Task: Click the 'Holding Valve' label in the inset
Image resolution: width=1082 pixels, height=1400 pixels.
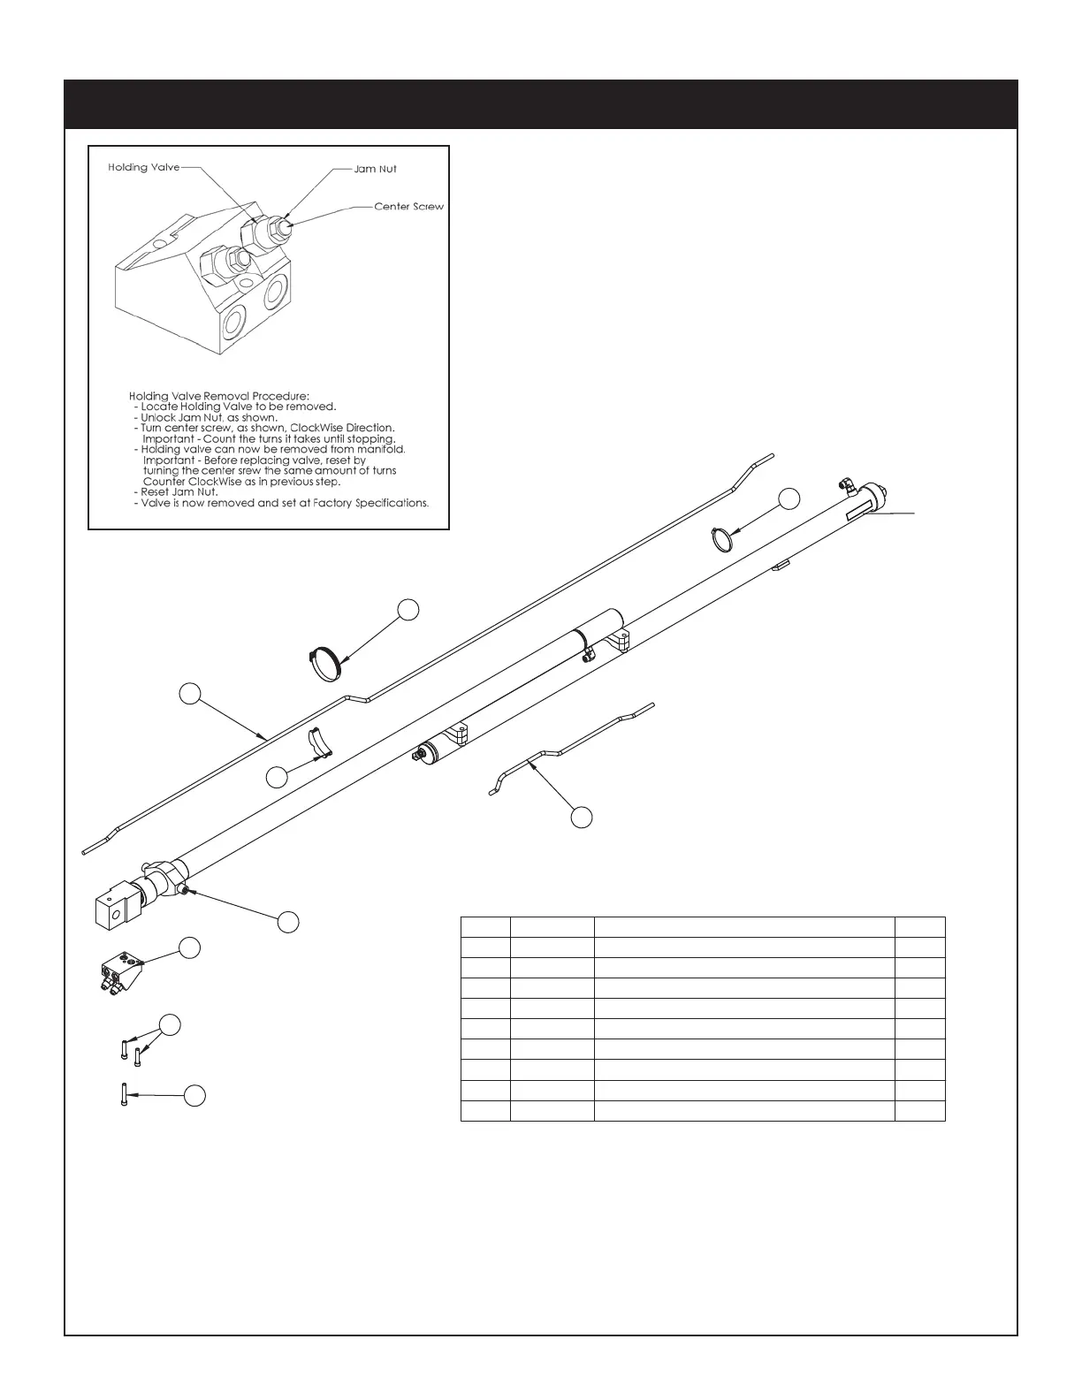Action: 143,167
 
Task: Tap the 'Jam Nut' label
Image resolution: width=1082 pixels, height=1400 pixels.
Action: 376,169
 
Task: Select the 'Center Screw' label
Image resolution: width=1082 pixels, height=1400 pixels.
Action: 408,207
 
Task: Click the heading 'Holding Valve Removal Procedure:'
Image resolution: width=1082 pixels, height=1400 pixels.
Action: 219,396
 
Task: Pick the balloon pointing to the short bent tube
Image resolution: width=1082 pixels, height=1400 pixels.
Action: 581,818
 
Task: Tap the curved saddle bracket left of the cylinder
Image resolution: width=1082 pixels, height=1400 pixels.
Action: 317,743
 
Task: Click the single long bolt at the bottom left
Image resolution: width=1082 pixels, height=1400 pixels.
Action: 122,1094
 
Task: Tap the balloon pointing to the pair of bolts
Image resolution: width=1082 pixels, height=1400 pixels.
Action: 171,1024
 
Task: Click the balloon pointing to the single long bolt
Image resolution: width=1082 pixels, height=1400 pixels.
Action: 194,1095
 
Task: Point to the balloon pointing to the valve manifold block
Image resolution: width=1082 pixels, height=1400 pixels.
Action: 188,947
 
